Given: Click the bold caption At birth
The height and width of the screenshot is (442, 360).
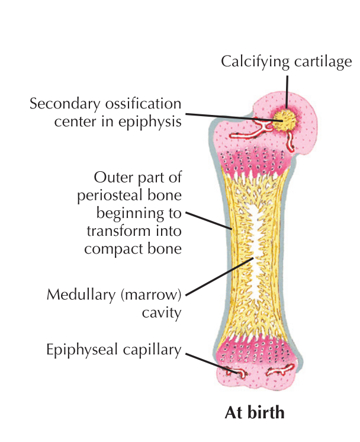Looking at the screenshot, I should pos(255,412).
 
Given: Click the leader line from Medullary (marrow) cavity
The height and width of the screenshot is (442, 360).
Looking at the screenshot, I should pos(219,277).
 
